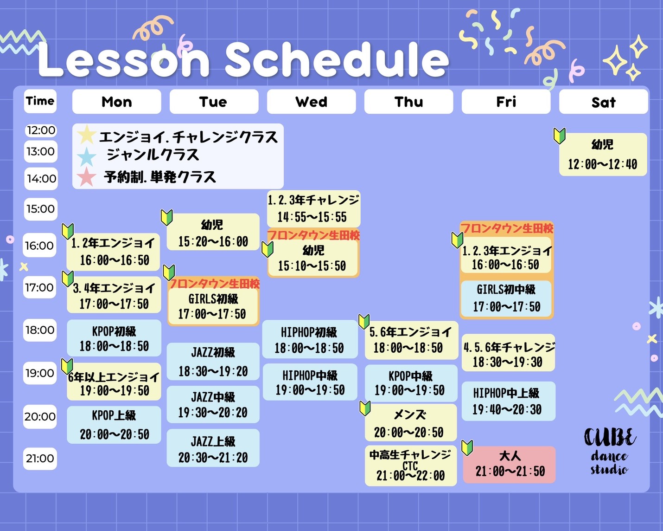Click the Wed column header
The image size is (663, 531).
point(311,102)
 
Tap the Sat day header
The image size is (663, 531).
point(604,102)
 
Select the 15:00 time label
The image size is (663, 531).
point(41,209)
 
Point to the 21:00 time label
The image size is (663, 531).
point(40,459)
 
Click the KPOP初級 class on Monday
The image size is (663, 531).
point(114,338)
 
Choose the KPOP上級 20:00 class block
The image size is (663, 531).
point(114,425)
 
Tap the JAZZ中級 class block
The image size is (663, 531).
point(213,404)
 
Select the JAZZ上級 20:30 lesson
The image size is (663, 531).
point(213,448)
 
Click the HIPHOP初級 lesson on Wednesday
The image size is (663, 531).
point(310,339)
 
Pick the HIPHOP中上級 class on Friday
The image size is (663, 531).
point(508,401)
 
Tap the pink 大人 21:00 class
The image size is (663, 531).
point(509,464)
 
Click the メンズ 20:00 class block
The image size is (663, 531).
point(411,422)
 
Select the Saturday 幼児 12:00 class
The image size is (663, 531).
point(603,154)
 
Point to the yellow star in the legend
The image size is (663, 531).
point(87,135)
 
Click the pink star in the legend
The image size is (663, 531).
point(86,177)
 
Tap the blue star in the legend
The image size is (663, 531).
point(87,157)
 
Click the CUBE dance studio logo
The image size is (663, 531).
point(610,451)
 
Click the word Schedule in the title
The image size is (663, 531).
point(337,59)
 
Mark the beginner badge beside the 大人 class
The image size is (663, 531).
point(467,448)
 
